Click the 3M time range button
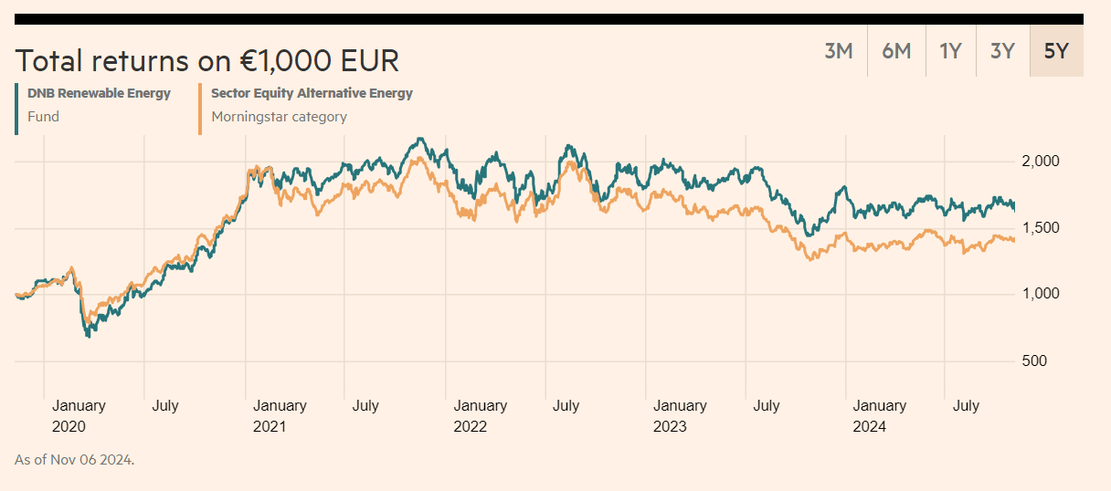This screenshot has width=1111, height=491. point(838,51)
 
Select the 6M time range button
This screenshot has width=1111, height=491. point(896,51)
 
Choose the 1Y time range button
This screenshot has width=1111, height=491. point(950,51)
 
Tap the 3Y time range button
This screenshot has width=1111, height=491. point(1002,51)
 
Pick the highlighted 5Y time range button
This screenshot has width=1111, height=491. point(1056,51)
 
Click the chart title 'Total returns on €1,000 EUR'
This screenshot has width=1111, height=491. point(207,60)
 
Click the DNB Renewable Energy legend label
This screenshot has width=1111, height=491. point(99,93)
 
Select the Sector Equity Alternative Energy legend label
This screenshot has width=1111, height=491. point(312,93)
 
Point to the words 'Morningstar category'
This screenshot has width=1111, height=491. point(279,116)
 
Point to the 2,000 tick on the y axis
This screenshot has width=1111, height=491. point(1040,162)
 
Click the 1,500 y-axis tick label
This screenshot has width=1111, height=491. point(1040,228)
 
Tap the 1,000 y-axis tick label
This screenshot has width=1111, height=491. point(1040,294)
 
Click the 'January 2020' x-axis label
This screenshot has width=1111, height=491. point(79,415)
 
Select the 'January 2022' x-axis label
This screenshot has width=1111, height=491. point(480,415)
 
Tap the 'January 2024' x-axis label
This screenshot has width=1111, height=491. point(879,415)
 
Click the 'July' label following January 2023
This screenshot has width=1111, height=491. point(766,405)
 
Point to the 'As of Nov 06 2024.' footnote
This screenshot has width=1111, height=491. point(75,459)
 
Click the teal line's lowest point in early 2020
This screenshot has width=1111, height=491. point(89,336)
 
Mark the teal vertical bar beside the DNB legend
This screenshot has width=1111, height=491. point(16,109)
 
